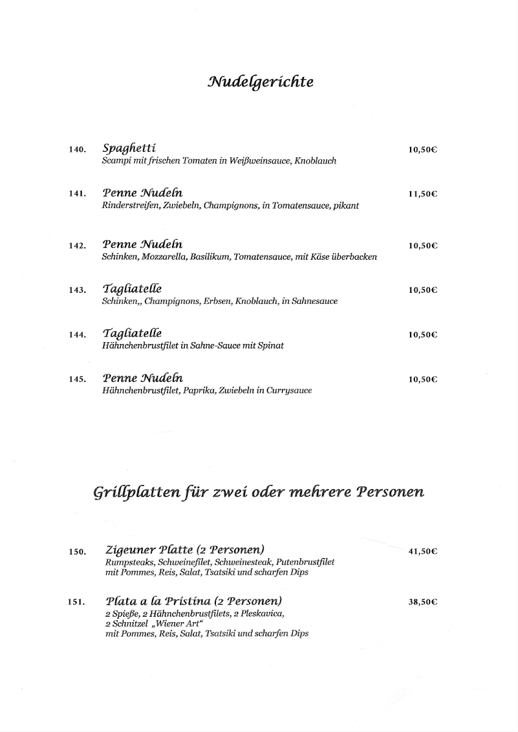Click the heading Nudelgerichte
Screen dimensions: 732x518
tap(261, 82)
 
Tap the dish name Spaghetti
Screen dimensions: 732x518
tap(130, 148)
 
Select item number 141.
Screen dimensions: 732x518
tap(77, 194)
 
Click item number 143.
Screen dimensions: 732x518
tap(77, 290)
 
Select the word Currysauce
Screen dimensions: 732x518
tap(289, 390)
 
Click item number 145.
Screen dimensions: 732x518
tap(77, 379)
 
